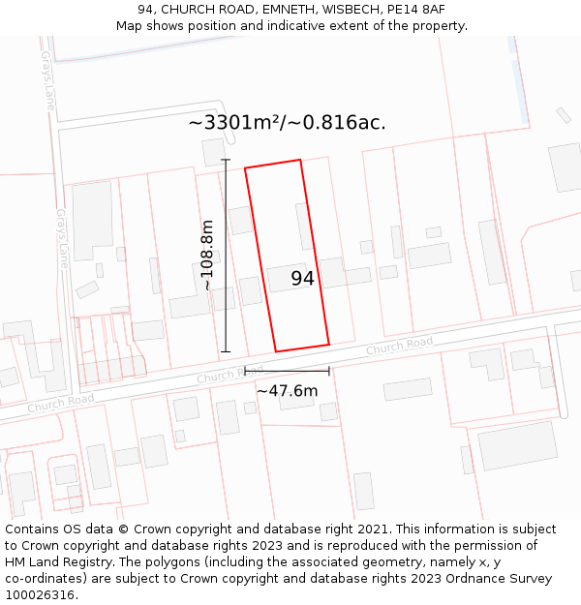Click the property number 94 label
(x=303, y=279)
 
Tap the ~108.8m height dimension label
(x=207, y=256)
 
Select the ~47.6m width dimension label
(x=287, y=391)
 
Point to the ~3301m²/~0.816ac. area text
(x=287, y=123)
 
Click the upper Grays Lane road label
(x=48, y=80)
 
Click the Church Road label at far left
(x=60, y=402)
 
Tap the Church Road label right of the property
(x=399, y=346)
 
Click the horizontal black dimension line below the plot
(x=287, y=370)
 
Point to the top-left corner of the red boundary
(x=245, y=168)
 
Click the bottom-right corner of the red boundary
(x=329, y=344)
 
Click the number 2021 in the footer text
(x=370, y=529)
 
